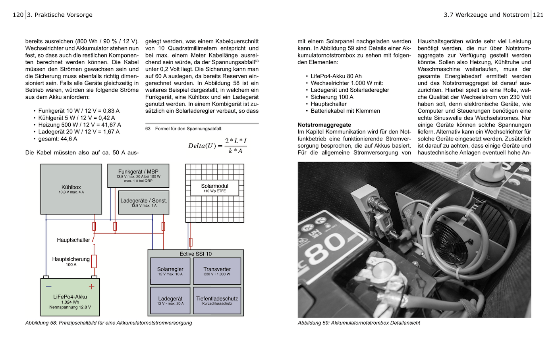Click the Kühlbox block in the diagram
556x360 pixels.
point(71,189)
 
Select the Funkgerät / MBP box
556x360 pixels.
point(138,176)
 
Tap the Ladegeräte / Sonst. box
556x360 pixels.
point(144,202)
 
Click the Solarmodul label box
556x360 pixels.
point(214,188)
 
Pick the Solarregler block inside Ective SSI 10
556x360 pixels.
point(170,271)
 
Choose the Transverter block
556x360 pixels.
point(217,271)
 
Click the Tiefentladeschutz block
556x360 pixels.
point(217,300)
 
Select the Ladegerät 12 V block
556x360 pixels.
point(170,300)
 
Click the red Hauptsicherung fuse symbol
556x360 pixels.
point(94,261)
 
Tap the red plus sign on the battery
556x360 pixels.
point(92,287)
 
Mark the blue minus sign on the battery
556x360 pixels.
point(49,287)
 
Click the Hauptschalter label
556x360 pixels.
point(73,240)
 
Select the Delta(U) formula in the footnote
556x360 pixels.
point(218,146)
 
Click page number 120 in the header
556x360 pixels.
point(18,15)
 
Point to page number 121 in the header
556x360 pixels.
point(538,15)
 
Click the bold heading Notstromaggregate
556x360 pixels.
point(324,125)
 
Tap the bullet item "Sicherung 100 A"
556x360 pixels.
point(332,97)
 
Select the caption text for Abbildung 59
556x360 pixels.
point(359,323)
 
